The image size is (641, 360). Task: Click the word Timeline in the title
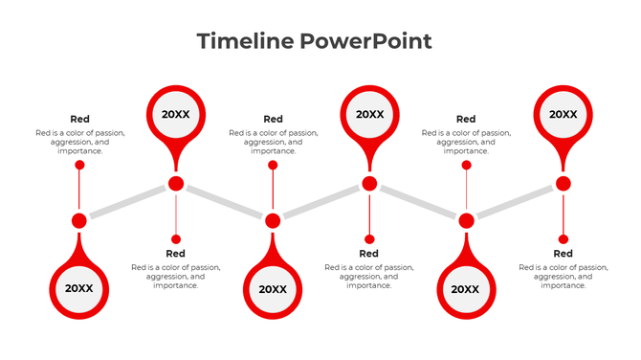[x=244, y=41]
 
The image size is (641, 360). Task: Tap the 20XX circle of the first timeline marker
[x=79, y=288]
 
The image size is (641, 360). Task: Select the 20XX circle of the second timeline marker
[x=176, y=114]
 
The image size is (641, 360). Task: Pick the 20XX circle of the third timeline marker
[x=273, y=289]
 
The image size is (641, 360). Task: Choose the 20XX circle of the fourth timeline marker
[x=369, y=114]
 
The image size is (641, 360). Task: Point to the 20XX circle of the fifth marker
[x=466, y=289]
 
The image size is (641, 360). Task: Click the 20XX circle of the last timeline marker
[x=563, y=114]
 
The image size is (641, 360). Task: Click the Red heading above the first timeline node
[x=79, y=120]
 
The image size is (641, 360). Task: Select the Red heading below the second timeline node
[x=176, y=254]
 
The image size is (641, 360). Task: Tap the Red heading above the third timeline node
[x=273, y=120]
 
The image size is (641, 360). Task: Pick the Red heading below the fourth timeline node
[x=369, y=254]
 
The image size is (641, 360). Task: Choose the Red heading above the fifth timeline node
[x=466, y=120]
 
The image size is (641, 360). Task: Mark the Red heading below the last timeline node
[x=563, y=254]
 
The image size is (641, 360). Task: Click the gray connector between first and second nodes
[x=127, y=202]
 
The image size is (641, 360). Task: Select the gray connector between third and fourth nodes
[x=320, y=202]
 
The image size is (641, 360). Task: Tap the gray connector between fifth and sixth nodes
[x=514, y=202]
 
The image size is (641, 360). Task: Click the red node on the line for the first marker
[x=79, y=221]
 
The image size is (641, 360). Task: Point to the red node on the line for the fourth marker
[x=369, y=184]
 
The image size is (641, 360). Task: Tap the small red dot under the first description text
[x=79, y=165]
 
